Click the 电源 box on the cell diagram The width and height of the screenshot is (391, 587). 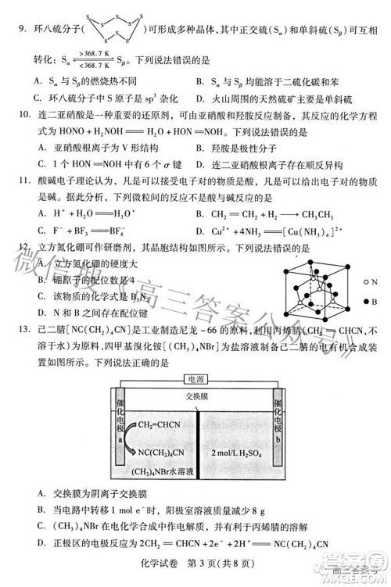tap(195, 379)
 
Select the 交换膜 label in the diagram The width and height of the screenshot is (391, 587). tap(197, 396)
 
